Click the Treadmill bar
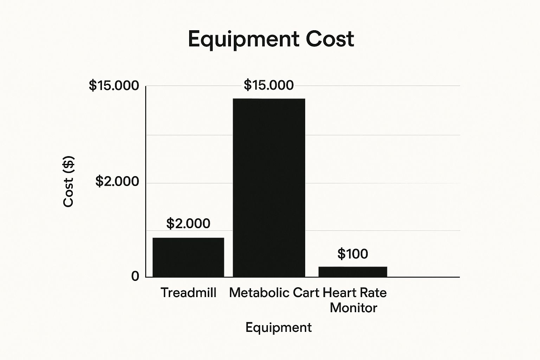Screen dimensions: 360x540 [x=188, y=257]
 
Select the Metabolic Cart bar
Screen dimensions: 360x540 [x=269, y=188]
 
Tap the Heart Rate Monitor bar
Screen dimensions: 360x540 [x=353, y=272]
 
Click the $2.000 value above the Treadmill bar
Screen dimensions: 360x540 [x=188, y=224]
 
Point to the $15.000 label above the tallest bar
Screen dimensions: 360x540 [x=269, y=85]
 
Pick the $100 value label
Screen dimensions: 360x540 [x=353, y=254]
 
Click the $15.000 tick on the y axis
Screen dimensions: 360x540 [x=114, y=85]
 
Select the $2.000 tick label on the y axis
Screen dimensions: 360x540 [x=117, y=181]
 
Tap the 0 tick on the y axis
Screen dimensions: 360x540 [x=135, y=276]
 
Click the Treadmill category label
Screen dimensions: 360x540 [x=188, y=292]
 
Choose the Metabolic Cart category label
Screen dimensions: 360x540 [x=274, y=292]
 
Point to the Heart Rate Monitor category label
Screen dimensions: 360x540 [x=354, y=300]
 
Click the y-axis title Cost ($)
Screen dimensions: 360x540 [x=69, y=181]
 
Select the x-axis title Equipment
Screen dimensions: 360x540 [x=278, y=328]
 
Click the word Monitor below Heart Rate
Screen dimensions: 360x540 [x=353, y=308]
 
